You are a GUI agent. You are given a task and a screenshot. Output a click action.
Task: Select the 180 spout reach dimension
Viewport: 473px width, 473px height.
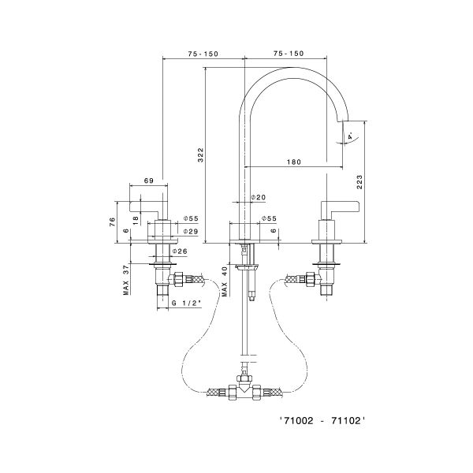click(x=293, y=162)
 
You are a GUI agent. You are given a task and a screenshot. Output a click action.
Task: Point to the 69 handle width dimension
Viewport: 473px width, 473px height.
click(x=149, y=181)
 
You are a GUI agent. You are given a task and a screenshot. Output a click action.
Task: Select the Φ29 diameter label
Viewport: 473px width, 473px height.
click(x=189, y=231)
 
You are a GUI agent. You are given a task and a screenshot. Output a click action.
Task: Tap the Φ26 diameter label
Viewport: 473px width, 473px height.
click(x=179, y=251)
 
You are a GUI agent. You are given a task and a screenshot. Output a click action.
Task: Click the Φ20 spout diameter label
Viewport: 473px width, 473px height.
click(x=258, y=197)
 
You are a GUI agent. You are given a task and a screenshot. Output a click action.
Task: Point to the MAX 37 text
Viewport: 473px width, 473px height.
click(x=126, y=280)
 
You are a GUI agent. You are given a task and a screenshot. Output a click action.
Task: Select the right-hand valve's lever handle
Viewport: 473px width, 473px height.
click(x=341, y=207)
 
